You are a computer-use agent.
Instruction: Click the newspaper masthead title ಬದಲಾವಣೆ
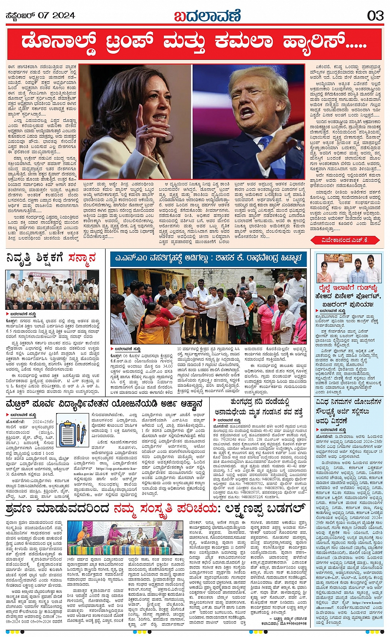pyautogui.click(x=206, y=16)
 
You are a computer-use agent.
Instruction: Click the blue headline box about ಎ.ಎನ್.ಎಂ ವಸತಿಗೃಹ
pyautogui.click(x=208, y=259)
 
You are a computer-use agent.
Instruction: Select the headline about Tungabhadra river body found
pyautogui.click(x=260, y=407)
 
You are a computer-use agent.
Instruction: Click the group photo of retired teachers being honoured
pyautogui.click(x=52, y=290)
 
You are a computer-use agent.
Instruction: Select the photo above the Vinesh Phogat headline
pyautogui.click(x=349, y=268)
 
